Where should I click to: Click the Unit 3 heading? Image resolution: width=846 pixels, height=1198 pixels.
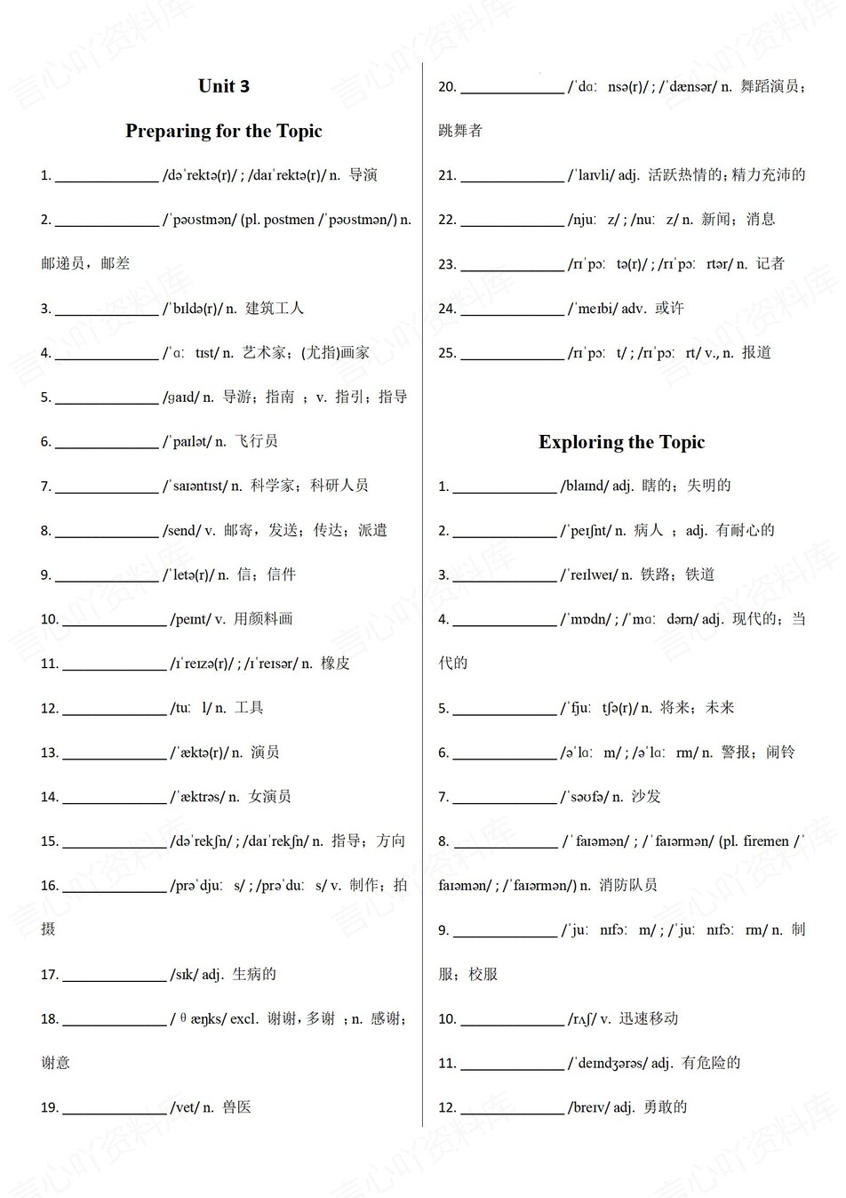tap(224, 86)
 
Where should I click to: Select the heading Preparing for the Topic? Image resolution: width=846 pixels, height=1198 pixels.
tap(224, 132)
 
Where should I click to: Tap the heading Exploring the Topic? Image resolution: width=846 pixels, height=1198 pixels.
tap(621, 443)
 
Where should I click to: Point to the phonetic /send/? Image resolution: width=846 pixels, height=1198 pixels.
tap(181, 531)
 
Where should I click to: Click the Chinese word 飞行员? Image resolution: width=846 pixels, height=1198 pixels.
tap(256, 441)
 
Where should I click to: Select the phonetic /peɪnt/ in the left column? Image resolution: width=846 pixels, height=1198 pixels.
tap(190, 620)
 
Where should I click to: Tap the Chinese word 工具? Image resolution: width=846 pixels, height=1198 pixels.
tap(249, 708)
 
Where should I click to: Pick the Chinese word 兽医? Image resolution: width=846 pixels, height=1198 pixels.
tap(236, 1107)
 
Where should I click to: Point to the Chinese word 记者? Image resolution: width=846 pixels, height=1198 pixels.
tap(770, 263)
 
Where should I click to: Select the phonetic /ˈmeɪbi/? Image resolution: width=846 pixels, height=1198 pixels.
tap(593, 309)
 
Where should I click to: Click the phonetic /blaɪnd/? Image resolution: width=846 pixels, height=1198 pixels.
tap(584, 486)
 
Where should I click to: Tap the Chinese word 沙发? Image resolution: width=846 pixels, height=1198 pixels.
tap(646, 797)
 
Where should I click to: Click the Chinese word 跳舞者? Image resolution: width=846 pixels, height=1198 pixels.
tap(460, 131)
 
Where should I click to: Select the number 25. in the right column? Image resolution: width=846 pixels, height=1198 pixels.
tap(447, 353)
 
